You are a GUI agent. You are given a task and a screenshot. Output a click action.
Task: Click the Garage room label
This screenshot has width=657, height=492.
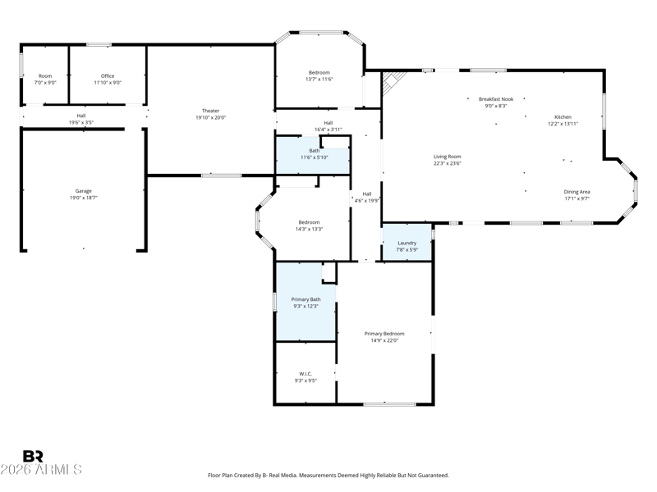(x=84, y=191)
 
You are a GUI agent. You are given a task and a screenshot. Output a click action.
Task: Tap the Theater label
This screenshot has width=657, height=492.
(x=211, y=111)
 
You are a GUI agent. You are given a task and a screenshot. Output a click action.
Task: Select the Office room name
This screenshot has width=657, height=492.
(x=108, y=76)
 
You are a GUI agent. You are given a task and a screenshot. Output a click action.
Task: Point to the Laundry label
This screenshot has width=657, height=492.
(x=407, y=243)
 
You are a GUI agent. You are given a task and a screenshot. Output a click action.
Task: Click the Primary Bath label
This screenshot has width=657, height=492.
(x=306, y=299)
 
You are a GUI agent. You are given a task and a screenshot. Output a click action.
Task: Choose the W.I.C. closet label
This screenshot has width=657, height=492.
(x=306, y=374)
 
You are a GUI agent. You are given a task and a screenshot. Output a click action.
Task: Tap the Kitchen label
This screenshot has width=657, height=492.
(x=563, y=117)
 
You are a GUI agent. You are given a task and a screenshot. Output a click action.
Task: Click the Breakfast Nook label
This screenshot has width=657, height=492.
(x=496, y=99)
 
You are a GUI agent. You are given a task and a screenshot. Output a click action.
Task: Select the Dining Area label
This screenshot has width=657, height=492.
(x=577, y=192)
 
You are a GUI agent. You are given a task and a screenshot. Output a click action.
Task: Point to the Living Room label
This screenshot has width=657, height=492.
(x=448, y=157)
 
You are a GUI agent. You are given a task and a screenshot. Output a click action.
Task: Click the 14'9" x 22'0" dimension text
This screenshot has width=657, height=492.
(x=384, y=340)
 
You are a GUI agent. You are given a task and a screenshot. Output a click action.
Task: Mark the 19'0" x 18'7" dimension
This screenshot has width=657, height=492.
(x=84, y=198)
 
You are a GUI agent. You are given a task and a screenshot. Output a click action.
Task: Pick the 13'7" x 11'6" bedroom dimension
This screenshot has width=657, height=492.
(x=319, y=79)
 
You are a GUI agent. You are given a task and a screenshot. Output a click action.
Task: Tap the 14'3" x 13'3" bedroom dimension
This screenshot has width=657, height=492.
(x=310, y=230)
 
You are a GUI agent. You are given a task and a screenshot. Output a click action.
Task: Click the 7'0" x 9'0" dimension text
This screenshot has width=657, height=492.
(x=45, y=83)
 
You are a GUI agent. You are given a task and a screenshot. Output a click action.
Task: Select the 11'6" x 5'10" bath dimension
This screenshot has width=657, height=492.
(x=315, y=157)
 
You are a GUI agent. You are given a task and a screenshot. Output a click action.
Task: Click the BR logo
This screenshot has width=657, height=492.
(x=33, y=456)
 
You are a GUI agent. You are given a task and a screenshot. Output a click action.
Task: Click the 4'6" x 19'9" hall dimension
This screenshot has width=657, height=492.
(x=367, y=201)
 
